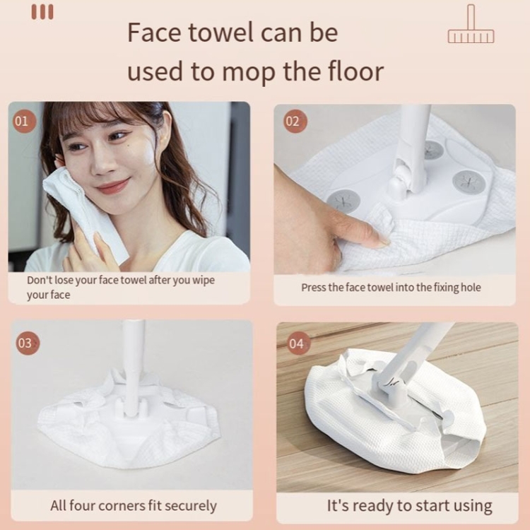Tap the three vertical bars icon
point(42,12)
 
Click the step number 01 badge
point(24,121)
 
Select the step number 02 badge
point(295,121)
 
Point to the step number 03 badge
point(28,343)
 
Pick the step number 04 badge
point(298,343)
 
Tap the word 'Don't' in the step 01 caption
point(40,280)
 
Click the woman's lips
point(112,186)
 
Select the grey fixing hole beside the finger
point(342,202)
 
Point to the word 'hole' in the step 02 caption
point(471,288)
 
